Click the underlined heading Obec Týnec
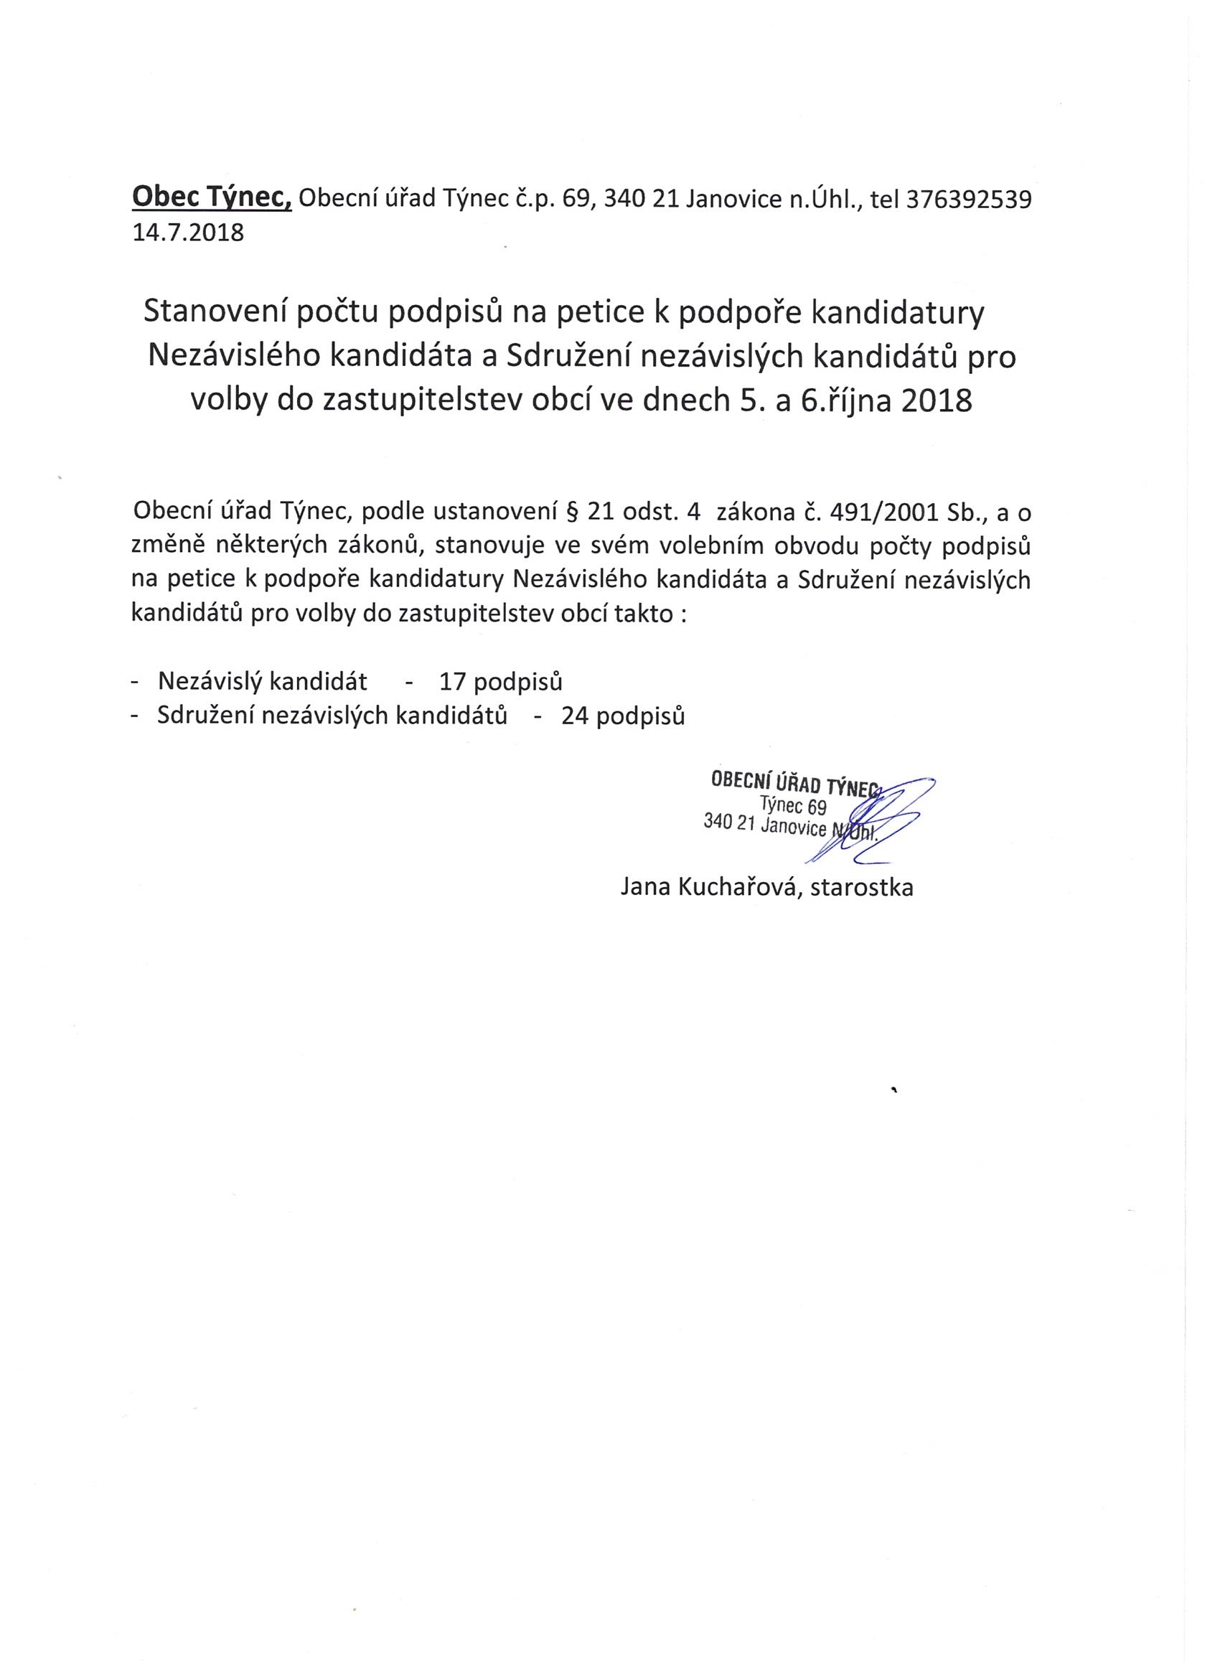pyautogui.click(x=212, y=198)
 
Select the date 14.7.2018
pyautogui.click(x=187, y=233)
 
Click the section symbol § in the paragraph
pyautogui.click(x=571, y=511)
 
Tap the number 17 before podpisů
pyautogui.click(x=451, y=681)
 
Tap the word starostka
pyautogui.click(x=862, y=887)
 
